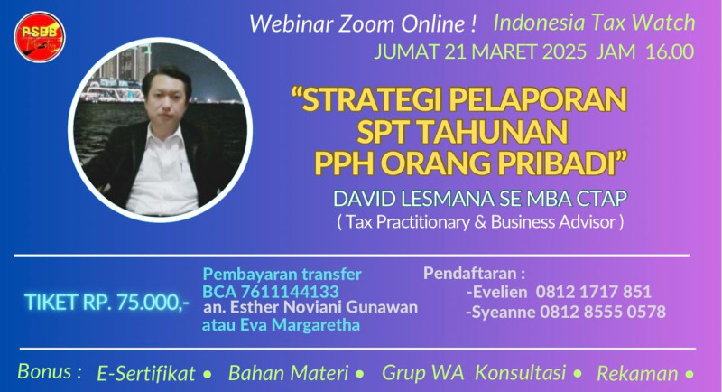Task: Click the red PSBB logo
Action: pyautogui.click(x=40, y=37)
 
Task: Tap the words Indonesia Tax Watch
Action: pyautogui.click(x=594, y=23)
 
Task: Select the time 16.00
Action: pyautogui.click(x=670, y=51)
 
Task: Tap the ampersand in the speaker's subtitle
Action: pyautogui.click(x=480, y=222)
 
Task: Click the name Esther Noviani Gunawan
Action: pyautogui.click(x=324, y=307)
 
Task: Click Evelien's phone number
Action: pyautogui.click(x=594, y=292)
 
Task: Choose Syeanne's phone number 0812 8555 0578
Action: pyautogui.click(x=603, y=312)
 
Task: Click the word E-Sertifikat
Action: pyautogui.click(x=146, y=374)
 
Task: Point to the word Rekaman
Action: pyautogui.click(x=637, y=374)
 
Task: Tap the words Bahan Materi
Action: pyautogui.click(x=288, y=373)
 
